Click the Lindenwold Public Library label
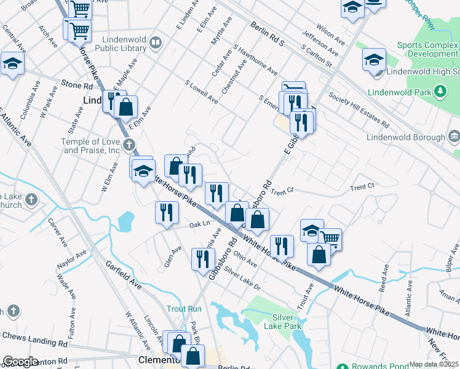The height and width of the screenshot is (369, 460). (x=120, y=42)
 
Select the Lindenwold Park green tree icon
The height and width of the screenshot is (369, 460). (x=440, y=92)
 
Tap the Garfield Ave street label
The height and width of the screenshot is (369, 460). (x=123, y=276)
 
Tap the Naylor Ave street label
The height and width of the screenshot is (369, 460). (x=72, y=261)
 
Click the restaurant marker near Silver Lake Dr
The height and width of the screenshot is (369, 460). (x=201, y=258)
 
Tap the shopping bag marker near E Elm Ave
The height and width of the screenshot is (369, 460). (x=125, y=107)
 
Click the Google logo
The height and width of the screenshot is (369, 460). (x=21, y=362)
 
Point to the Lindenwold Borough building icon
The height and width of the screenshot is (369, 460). (x=454, y=135)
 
